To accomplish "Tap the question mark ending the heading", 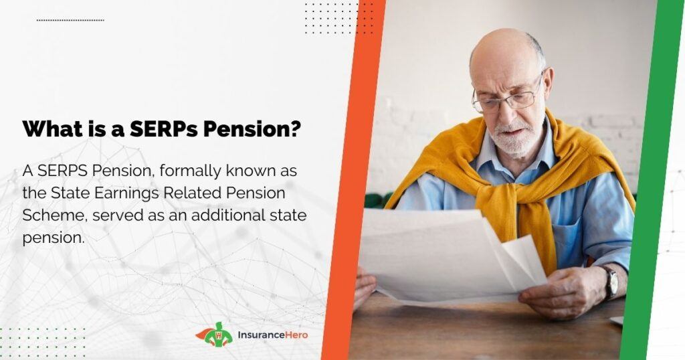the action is tap(295, 129).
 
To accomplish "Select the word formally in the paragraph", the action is tap(190, 171).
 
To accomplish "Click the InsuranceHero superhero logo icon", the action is tap(216, 335).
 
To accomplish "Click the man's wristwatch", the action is tap(611, 282).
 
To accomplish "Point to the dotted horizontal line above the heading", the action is tap(70, 20).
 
